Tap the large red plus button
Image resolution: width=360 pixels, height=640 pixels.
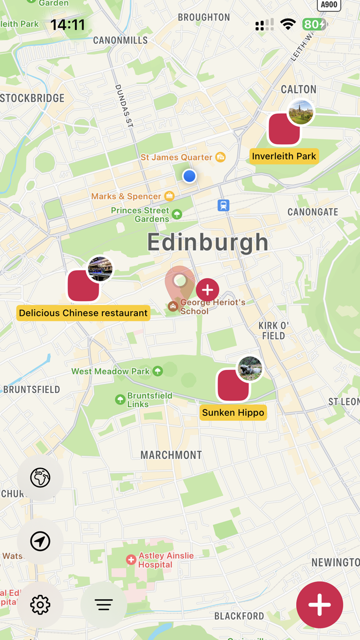319,605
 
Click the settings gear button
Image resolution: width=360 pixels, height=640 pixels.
40,605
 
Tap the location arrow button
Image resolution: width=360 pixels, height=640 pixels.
40,541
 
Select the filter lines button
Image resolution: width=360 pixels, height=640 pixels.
103,605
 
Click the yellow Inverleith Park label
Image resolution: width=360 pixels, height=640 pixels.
284,156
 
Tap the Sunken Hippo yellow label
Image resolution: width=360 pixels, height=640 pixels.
233,413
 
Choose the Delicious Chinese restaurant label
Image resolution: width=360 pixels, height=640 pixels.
83,313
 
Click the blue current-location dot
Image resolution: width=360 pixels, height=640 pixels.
189,176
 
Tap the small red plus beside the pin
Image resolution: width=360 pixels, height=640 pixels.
207,290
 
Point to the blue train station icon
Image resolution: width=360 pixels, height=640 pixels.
223,205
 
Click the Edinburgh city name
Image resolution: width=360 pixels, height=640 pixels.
208,242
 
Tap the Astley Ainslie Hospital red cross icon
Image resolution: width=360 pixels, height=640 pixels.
131,560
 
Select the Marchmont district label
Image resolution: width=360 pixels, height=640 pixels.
171,455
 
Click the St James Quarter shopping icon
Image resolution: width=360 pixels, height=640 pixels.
221,157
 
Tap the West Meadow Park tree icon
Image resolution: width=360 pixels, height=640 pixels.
158,371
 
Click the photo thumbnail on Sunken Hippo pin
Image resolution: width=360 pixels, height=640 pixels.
250,368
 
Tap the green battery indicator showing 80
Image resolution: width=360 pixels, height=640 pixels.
314,24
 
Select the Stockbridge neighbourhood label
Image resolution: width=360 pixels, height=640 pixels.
32,98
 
